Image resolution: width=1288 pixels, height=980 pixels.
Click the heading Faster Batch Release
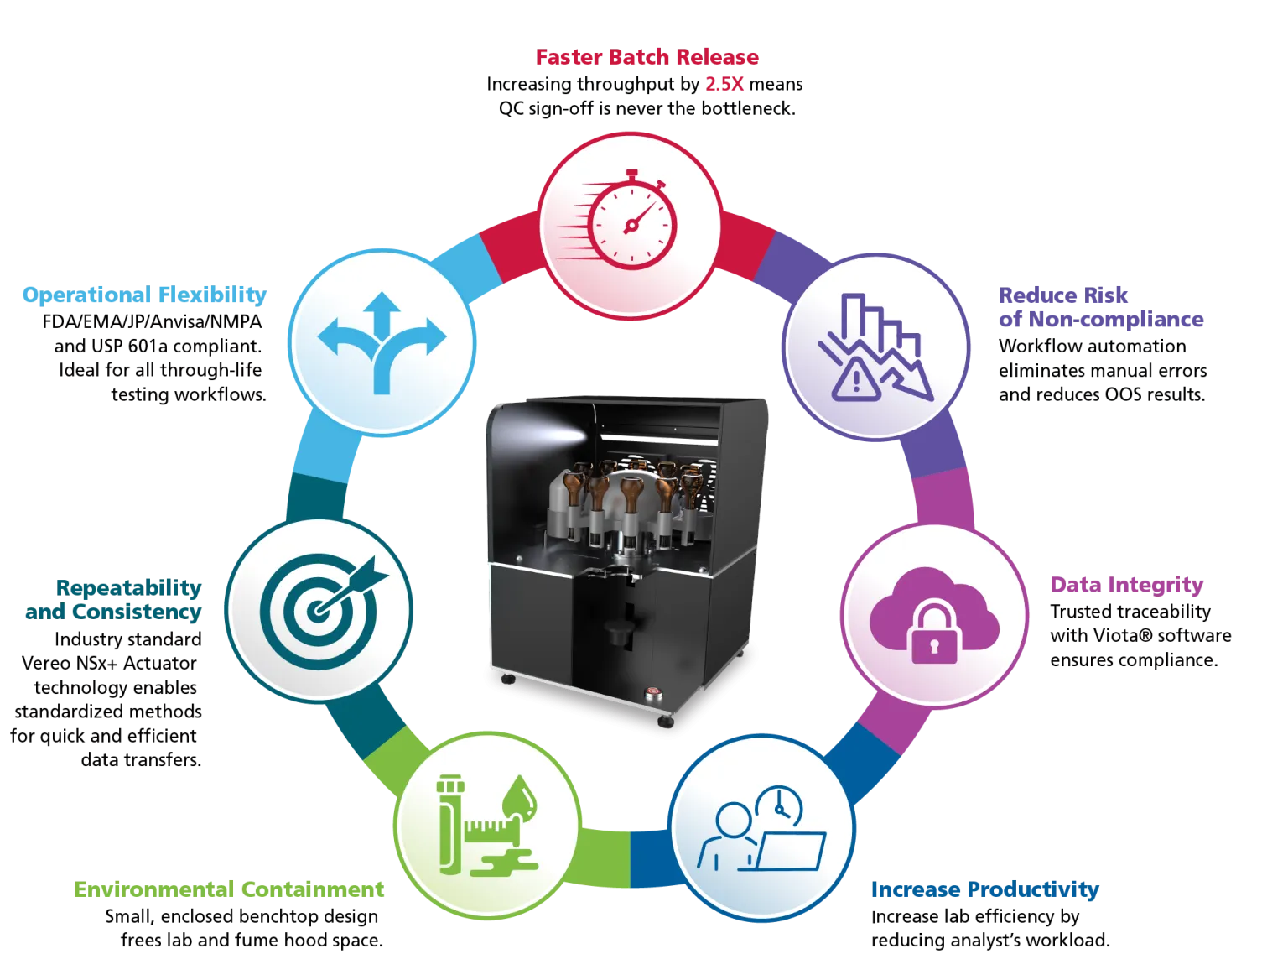point(647,57)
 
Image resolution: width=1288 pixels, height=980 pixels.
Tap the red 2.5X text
point(724,84)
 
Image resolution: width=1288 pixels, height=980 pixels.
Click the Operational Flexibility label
point(144,295)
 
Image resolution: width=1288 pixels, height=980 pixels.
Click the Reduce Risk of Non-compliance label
point(1100,307)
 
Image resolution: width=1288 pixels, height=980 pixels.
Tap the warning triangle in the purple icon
point(856,381)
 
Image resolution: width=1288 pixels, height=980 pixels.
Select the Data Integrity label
point(1126,585)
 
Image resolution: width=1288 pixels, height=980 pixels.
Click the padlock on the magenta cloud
point(933,633)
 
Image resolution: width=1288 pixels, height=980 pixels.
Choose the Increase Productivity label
point(984,889)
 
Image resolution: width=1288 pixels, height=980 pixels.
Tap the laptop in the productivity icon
point(792,851)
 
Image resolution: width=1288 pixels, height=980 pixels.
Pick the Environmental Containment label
point(229,889)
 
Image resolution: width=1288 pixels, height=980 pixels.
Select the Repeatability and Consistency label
point(114,599)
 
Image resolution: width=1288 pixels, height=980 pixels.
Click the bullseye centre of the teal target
point(317,610)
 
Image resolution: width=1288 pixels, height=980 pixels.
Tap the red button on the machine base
point(652,693)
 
